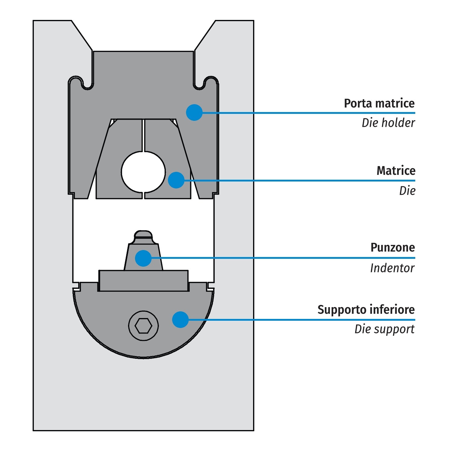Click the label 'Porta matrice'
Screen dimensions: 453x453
pos(379,103)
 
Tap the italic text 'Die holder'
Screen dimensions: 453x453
pos(388,123)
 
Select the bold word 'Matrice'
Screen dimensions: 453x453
pos(396,171)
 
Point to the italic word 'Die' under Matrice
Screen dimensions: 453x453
pos(407,191)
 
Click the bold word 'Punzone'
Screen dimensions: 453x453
pos(393,248)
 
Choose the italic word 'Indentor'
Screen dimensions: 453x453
pos(392,268)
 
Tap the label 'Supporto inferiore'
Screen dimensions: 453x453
pos(366,310)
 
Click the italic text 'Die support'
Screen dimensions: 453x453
pos(384,329)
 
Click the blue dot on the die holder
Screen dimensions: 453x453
pos(194,113)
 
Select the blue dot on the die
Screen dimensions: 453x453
pos(176,180)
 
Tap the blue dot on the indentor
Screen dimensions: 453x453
pos(143,258)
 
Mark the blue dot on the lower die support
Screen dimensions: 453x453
pos(180,320)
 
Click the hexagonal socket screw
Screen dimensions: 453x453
pos(143,326)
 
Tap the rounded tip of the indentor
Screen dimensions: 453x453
pos(143,234)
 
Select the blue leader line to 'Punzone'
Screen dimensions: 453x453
pos(272,258)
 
